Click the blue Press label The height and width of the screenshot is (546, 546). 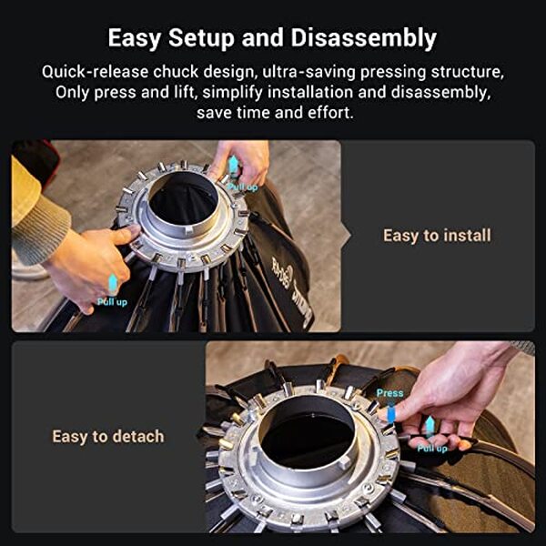(390, 394)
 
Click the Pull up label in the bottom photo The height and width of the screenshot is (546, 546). (430, 448)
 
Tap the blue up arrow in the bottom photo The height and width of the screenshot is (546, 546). (429, 426)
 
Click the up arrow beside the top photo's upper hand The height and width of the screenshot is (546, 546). (233, 165)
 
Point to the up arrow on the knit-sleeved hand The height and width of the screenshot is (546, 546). (113, 282)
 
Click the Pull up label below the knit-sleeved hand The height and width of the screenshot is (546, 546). (112, 301)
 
